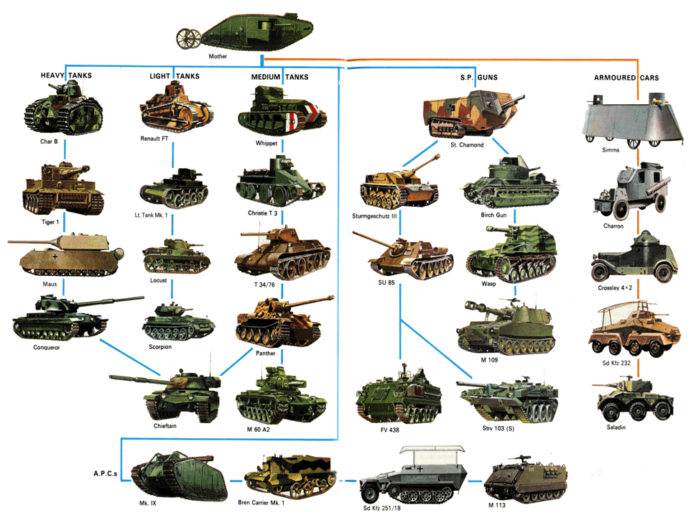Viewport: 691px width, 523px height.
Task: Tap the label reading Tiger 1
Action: [50, 222]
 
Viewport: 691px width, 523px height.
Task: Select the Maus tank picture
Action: [66, 256]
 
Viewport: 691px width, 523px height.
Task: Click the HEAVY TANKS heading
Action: [67, 75]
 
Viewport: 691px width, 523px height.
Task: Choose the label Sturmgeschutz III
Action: [374, 216]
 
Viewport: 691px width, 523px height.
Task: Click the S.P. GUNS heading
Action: [479, 78]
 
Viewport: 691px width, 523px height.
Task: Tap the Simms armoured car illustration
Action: [633, 120]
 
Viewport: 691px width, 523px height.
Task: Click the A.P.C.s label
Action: [106, 473]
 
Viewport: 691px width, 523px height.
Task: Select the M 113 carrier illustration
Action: [525, 479]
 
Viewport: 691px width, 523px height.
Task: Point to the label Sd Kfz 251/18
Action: [381, 508]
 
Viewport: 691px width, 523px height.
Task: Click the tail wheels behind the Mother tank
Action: [189, 38]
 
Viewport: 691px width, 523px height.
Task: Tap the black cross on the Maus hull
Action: [55, 256]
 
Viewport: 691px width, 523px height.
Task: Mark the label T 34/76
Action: [264, 284]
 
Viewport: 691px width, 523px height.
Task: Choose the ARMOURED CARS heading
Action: [626, 78]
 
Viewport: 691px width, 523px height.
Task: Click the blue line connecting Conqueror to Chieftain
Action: [131, 357]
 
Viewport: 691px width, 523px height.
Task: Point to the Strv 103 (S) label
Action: [498, 428]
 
